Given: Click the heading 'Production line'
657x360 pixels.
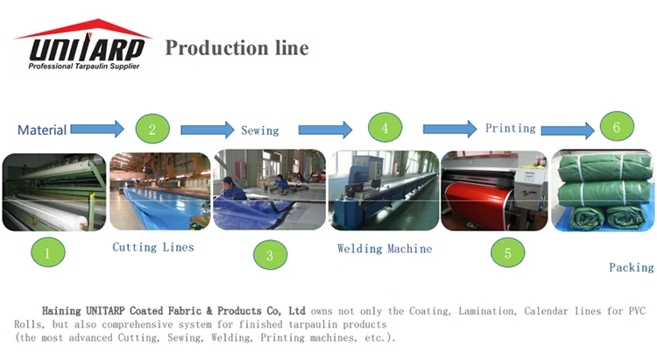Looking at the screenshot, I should pyautogui.click(x=237, y=47).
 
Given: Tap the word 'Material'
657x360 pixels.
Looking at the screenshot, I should pyautogui.click(x=42, y=130).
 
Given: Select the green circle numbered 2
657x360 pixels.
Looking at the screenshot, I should pyautogui.click(x=152, y=130).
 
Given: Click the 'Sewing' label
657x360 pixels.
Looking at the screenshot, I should pyautogui.click(x=259, y=131).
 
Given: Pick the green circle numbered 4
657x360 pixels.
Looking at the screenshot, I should pyautogui.click(x=385, y=129).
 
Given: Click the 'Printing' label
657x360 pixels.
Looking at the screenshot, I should pyautogui.click(x=510, y=128).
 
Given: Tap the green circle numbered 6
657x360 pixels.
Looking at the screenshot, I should pyautogui.click(x=617, y=128).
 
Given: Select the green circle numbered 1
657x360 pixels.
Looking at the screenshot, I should pyautogui.click(x=47, y=254).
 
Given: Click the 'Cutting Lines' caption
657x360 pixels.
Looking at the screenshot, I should pyautogui.click(x=152, y=247).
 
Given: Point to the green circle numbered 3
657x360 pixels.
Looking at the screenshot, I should pyautogui.click(x=270, y=255).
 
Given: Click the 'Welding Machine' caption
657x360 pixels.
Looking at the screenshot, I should pyautogui.click(x=385, y=249).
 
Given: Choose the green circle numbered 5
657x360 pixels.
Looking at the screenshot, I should pyautogui.click(x=508, y=254).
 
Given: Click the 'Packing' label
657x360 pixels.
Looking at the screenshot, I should pyautogui.click(x=631, y=267).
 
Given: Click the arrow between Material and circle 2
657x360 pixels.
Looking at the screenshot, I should pyautogui.click(x=97, y=130).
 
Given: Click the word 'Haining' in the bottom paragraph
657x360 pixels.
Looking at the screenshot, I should pyautogui.click(x=60, y=311).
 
